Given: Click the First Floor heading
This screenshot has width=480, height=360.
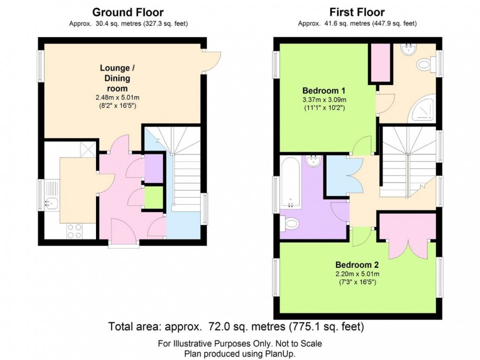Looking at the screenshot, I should click(x=357, y=12).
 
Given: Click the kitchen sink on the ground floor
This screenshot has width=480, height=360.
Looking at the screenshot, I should click(x=50, y=204).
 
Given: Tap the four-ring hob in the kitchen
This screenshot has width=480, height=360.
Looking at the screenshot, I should click(x=74, y=231).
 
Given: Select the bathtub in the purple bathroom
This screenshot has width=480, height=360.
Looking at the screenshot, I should click(x=291, y=184).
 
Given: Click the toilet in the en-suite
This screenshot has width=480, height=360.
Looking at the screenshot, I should click(x=426, y=64).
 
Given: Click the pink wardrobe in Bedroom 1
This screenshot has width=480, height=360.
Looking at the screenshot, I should click(x=380, y=63).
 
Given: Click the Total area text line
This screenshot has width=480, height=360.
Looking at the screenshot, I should click(x=236, y=326).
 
